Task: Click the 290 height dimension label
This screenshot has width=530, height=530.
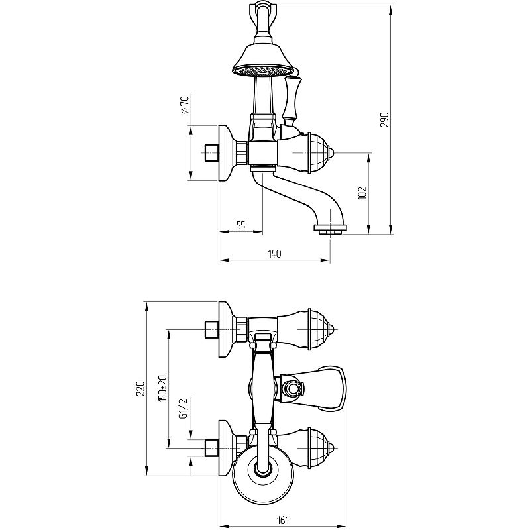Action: click(x=385, y=119)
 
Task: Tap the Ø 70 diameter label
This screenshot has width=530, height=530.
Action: click(x=185, y=105)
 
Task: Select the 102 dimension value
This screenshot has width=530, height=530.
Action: click(x=362, y=193)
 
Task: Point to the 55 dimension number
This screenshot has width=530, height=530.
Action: click(x=240, y=225)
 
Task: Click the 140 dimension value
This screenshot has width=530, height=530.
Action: click(x=274, y=254)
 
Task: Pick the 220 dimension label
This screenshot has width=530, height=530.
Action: click(x=140, y=388)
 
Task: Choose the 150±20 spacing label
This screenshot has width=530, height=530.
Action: click(x=163, y=388)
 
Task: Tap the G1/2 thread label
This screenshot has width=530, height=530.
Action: click(x=183, y=409)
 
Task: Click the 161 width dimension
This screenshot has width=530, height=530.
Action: click(x=283, y=520)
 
